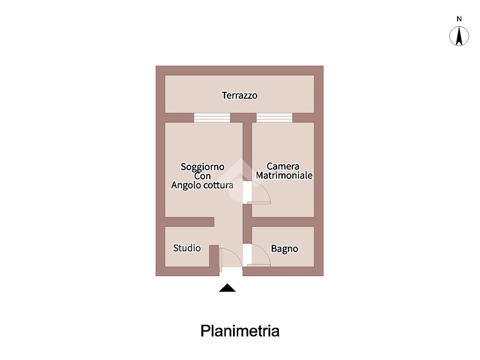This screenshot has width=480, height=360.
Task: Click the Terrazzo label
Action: (240, 95)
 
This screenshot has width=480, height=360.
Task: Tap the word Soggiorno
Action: (202, 166)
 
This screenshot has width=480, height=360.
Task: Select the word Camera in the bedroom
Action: (283, 166)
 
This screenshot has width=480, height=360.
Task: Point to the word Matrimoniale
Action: (284, 175)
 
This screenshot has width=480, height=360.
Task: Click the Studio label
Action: (187, 248)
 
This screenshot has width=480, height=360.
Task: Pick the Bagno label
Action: (285, 249)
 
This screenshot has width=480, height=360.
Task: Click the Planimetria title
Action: (240, 331)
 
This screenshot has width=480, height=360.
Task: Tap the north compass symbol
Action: (459, 37)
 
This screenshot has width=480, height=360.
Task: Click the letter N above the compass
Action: (459, 19)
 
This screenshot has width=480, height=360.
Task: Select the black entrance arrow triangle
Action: (227, 288)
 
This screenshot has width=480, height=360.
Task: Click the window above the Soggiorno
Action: (212, 117)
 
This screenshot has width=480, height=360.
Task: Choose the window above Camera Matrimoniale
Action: (274, 117)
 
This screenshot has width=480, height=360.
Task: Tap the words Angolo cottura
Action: (202, 185)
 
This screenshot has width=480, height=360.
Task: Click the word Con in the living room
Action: (202, 176)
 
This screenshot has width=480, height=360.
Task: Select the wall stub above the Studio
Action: (189, 222)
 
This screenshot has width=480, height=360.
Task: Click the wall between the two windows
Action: (243, 117)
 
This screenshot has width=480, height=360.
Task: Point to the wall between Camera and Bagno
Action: (283, 222)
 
